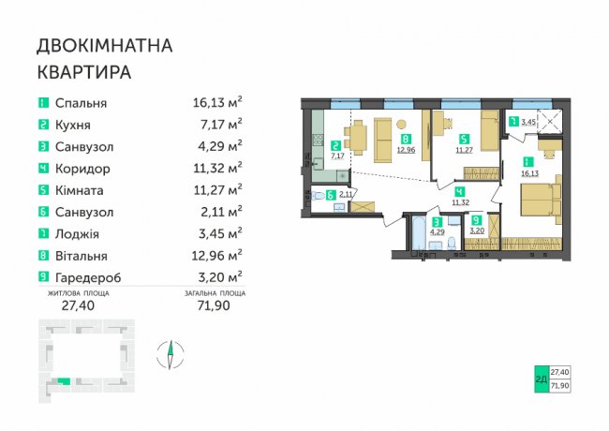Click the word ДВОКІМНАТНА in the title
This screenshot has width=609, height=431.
pyautogui.click(x=105, y=46)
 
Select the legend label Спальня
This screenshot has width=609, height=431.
pyautogui.click(x=81, y=103)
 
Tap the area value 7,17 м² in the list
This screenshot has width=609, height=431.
pyautogui.click(x=217, y=125)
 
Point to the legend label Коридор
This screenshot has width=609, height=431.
pyautogui.click(x=82, y=169)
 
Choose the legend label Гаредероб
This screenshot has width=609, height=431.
pyautogui.click(x=88, y=278)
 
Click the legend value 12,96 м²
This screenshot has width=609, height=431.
pyautogui.click(x=216, y=256)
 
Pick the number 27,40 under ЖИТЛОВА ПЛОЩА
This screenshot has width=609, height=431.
pyautogui.click(x=78, y=305)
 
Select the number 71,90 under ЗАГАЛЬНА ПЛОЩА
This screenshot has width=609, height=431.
pyautogui.click(x=214, y=305)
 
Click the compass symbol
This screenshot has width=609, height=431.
pyautogui.click(x=171, y=354)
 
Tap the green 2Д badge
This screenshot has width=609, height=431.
pyautogui.click(x=541, y=379)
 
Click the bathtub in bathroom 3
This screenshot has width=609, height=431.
pyautogui.click(x=419, y=232)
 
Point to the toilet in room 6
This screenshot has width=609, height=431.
pyautogui.click(x=318, y=195)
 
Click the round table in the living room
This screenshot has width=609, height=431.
pyautogui.click(x=401, y=125)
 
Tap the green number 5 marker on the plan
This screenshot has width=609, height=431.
pyautogui.click(x=464, y=139)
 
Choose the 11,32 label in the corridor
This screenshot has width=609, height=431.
pyautogui.click(x=460, y=201)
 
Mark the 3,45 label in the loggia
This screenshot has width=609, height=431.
pyautogui.click(x=528, y=122)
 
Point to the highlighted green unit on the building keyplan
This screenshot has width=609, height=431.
pyautogui.click(x=64, y=381)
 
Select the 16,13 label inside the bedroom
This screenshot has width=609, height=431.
pyautogui.click(x=529, y=173)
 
